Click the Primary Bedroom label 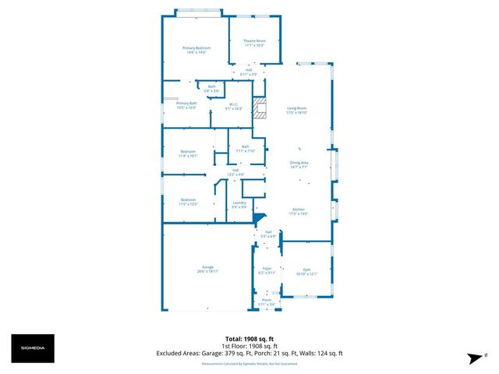tap(196, 50)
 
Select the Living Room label tap(296, 110)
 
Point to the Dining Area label tap(299, 164)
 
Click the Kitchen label tap(299, 211)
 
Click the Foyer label tap(267, 270)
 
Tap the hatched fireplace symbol tap(263, 108)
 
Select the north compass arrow tap(473, 357)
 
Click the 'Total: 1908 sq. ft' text tap(249, 339)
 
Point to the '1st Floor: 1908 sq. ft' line tap(249, 346)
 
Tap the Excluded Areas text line tap(249, 353)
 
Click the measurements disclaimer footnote tap(249, 363)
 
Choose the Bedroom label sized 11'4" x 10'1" tap(188, 153)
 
